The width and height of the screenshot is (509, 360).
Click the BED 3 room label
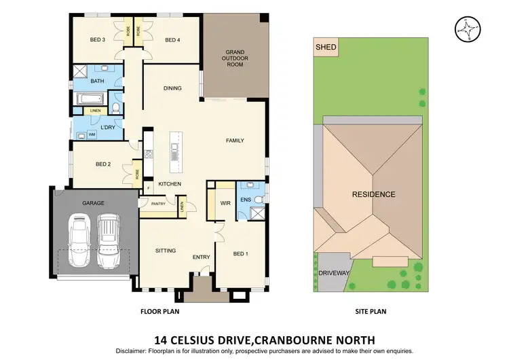[x=98, y=39]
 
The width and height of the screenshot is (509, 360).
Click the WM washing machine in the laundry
[x=91, y=134]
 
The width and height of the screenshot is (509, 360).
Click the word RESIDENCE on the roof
[x=373, y=194]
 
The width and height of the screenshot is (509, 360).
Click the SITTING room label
[x=165, y=251]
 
